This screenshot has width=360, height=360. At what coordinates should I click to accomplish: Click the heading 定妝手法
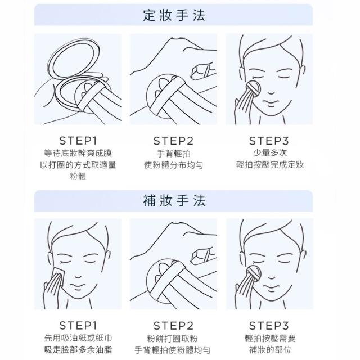tap(174, 16)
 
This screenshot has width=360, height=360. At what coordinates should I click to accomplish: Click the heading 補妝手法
tap(174, 200)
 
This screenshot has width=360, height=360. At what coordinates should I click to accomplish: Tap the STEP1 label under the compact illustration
tap(78, 141)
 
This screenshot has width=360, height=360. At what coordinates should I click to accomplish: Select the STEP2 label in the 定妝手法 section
tap(173, 141)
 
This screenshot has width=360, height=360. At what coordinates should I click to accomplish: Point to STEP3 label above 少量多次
tap(269, 141)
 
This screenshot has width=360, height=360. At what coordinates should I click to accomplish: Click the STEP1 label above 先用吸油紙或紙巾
tap(78, 325)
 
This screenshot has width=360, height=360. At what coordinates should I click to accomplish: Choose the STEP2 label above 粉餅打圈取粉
tap(173, 326)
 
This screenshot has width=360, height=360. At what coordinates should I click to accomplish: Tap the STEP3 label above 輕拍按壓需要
tap(269, 326)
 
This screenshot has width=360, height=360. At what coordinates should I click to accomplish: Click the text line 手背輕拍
tap(174, 154)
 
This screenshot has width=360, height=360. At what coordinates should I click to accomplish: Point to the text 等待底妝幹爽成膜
tap(78, 153)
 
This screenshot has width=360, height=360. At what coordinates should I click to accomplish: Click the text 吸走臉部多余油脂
tap(78, 350)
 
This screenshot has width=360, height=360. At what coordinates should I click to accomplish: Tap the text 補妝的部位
tap(270, 350)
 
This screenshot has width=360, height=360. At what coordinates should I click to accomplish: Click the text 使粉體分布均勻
tap(174, 165)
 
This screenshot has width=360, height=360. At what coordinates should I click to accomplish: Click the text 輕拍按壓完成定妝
tap(270, 165)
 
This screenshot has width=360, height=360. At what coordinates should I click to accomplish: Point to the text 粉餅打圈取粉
tap(172, 338)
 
